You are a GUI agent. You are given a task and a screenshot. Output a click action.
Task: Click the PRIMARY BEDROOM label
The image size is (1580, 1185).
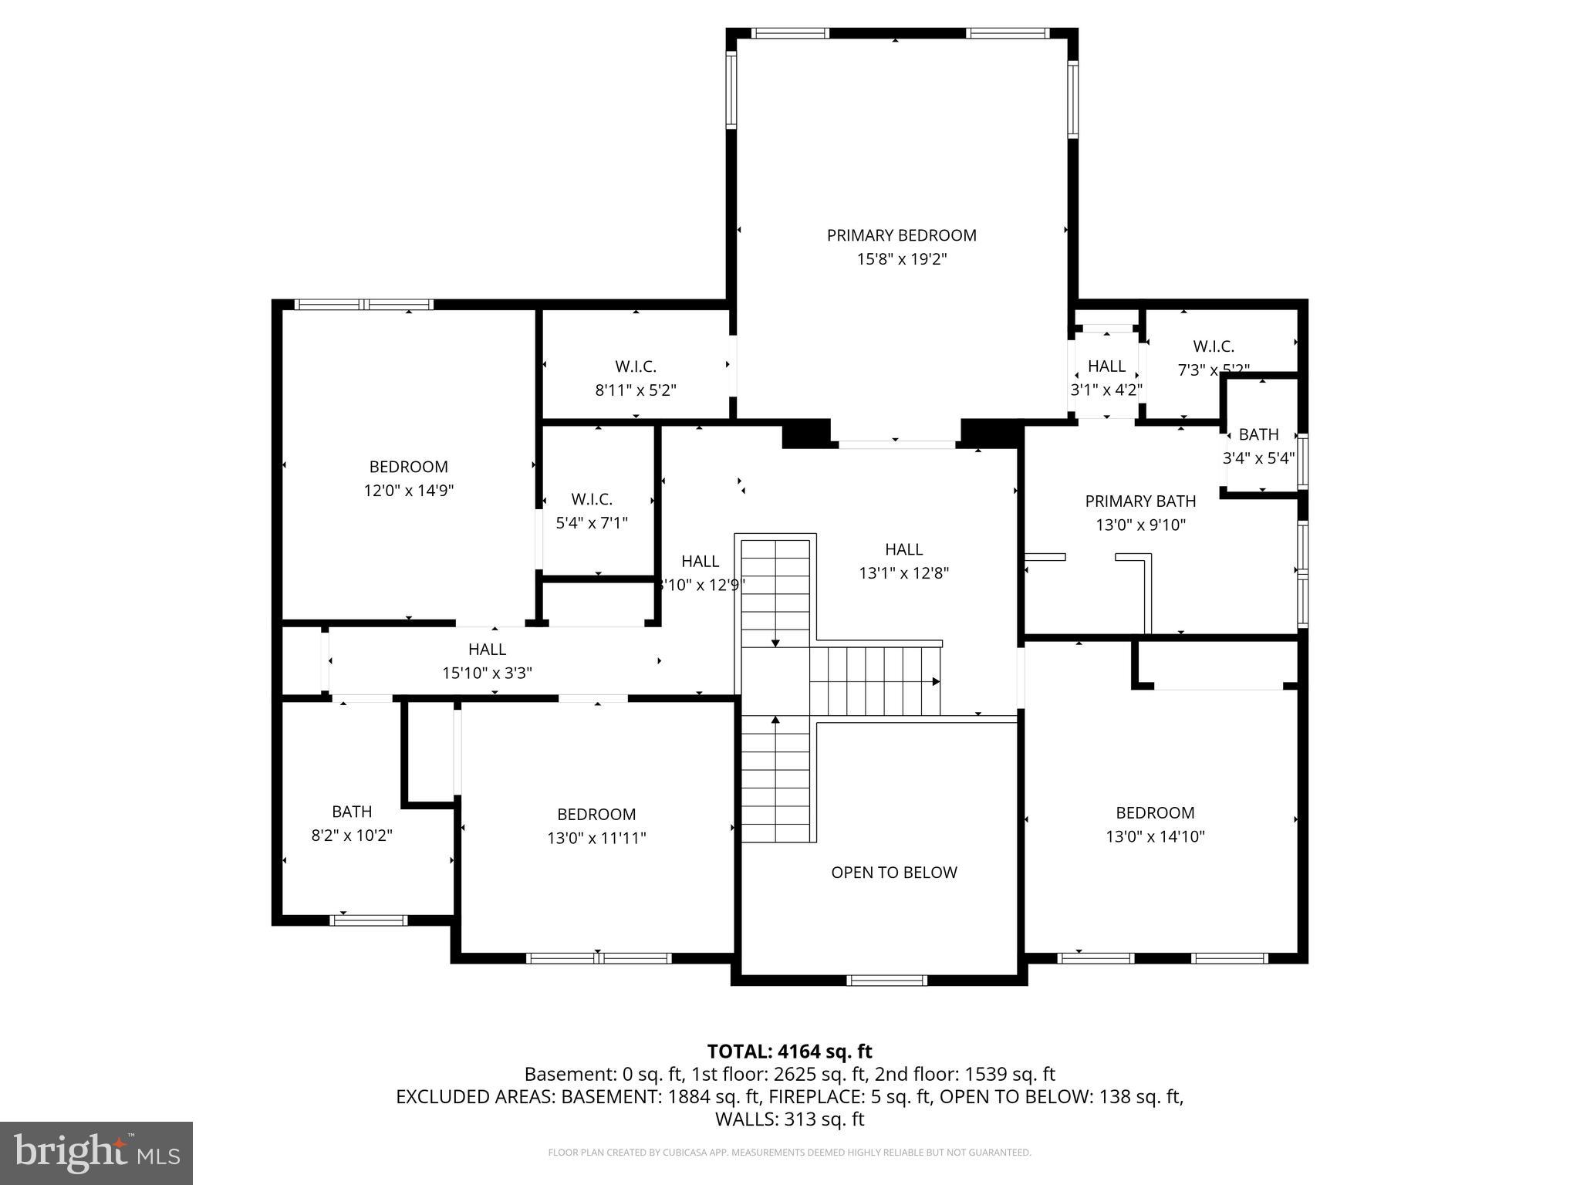(x=901, y=235)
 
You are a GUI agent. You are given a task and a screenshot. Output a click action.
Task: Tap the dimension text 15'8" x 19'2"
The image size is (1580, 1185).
(x=901, y=259)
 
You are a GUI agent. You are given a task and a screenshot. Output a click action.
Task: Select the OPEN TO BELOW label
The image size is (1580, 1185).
(x=893, y=873)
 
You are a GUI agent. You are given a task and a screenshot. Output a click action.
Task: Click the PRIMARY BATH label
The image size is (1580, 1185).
(x=1140, y=501)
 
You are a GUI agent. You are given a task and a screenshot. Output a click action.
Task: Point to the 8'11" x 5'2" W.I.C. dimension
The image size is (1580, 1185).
(x=636, y=390)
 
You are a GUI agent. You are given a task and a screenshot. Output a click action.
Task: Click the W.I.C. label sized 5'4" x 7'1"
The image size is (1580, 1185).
(x=592, y=499)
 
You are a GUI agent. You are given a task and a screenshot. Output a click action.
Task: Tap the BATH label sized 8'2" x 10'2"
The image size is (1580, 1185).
(x=352, y=812)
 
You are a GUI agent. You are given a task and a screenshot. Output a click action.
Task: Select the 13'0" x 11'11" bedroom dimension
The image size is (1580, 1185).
(x=596, y=838)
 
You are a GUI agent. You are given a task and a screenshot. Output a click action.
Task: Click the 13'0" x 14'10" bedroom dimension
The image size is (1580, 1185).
(x=1155, y=836)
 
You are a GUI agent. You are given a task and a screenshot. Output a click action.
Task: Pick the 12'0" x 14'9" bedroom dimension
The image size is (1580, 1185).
(x=408, y=491)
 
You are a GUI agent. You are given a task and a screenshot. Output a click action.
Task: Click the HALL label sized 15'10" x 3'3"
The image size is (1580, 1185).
(x=487, y=650)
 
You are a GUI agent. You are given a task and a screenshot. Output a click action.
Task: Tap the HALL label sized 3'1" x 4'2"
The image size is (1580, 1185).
(x=1106, y=366)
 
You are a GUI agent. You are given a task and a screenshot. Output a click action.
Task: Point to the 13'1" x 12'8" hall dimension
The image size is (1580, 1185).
(x=903, y=573)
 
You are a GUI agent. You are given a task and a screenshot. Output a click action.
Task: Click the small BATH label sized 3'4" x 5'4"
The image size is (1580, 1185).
(x=1258, y=434)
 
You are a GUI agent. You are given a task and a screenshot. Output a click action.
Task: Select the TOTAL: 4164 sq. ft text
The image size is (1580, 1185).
(x=789, y=1052)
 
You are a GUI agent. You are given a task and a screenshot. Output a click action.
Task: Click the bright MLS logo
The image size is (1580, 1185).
(x=96, y=1153)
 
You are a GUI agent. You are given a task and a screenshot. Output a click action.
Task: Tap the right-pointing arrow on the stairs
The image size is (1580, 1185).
(x=935, y=681)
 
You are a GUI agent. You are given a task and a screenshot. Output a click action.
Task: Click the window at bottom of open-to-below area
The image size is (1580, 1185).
(x=886, y=981)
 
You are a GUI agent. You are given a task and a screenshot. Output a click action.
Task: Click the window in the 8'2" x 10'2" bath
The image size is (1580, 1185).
(x=368, y=920)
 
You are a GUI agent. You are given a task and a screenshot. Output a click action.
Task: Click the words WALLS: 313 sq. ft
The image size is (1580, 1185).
(x=789, y=1119)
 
